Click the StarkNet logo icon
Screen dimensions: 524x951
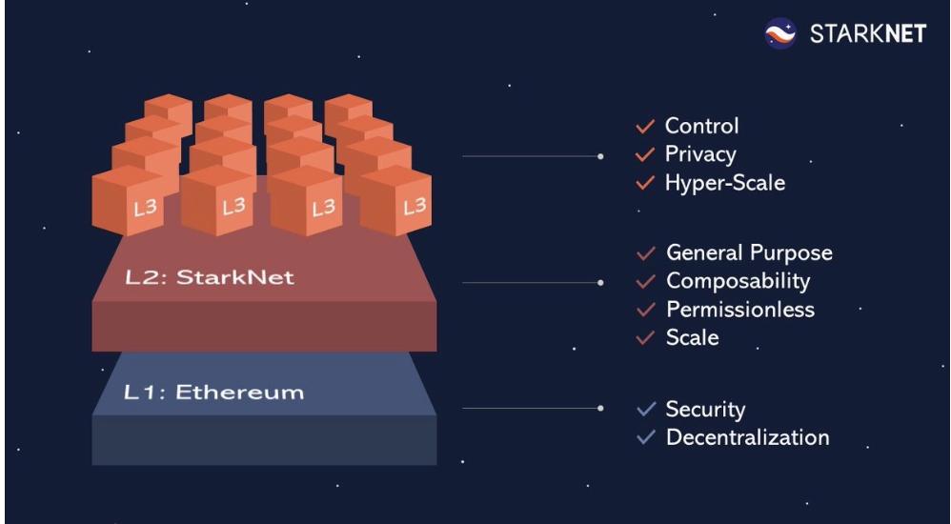coord(780,35)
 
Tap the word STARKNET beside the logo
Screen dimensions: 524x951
coord(867,35)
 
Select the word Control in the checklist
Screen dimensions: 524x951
coord(701,126)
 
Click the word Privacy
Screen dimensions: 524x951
coord(700,154)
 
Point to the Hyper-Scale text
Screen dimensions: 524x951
coord(724,183)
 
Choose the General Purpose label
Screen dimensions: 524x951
coord(749,252)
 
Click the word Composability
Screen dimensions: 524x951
coord(739,281)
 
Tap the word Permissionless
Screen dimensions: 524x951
coord(740,310)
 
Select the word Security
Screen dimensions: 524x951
coord(705,410)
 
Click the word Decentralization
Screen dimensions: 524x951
coord(748,438)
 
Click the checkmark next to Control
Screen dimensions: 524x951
coord(645,126)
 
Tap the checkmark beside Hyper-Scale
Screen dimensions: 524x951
coord(645,183)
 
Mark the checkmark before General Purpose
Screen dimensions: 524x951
coord(646,253)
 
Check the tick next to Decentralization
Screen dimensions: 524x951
coord(646,438)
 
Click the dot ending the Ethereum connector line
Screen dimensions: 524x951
coord(600,408)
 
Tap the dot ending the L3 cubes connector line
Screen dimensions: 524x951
coord(600,155)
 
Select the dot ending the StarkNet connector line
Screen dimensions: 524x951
coord(600,282)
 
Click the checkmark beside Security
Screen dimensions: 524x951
coord(646,410)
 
